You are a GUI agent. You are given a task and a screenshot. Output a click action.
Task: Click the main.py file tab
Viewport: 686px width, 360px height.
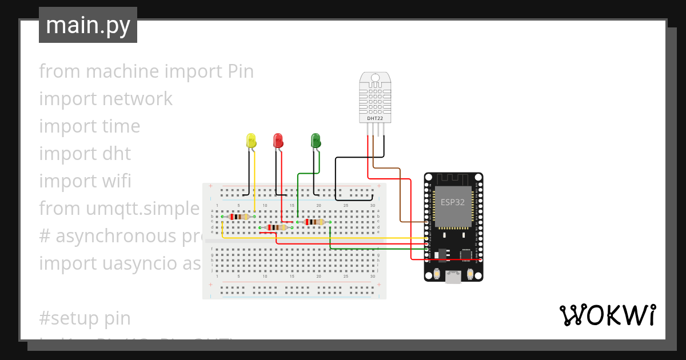[87, 25]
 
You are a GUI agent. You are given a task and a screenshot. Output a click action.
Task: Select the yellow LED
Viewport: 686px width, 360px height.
[250, 141]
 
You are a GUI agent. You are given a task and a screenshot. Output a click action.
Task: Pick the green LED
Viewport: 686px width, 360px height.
[316, 141]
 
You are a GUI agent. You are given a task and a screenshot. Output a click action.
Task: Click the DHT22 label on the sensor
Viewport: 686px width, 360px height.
[374, 118]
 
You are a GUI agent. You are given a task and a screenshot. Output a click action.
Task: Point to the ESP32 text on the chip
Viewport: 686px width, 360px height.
[453, 202]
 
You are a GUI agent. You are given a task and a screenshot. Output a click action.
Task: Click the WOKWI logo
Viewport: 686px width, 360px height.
[607, 315]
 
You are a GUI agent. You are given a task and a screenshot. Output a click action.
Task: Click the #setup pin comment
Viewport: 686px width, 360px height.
[85, 318]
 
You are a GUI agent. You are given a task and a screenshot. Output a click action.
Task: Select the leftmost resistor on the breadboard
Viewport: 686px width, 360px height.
[239, 217]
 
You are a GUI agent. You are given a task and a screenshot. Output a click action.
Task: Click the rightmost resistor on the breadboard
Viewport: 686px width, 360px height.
[314, 222]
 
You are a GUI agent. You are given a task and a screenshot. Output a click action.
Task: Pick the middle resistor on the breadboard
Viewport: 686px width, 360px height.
[277, 227]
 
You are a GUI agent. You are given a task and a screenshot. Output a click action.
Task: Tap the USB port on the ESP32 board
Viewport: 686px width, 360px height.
[453, 277]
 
